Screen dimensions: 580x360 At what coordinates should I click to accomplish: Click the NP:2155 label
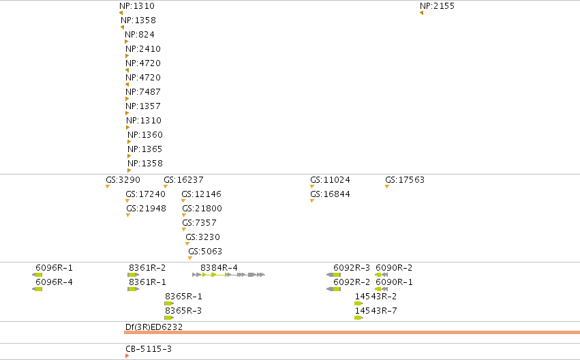437,6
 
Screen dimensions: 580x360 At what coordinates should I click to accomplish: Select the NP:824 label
140,35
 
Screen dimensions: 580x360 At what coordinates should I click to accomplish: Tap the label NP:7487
142,92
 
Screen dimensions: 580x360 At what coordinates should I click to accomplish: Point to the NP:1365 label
144,149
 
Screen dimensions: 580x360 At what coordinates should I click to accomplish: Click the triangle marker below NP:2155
421,14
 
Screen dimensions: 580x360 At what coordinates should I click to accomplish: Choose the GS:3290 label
123,180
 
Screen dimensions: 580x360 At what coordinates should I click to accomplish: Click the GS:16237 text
183,180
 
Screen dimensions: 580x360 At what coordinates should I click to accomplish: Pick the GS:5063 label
205,252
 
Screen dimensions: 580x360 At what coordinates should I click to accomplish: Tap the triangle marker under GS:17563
387,186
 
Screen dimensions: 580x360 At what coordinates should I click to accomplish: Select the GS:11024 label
330,180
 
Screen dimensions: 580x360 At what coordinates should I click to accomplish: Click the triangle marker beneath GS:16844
312,201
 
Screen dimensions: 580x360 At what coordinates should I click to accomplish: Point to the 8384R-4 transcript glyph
228,275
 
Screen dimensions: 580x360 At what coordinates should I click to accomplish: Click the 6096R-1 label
54,268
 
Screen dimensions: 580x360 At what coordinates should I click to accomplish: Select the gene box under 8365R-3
169,318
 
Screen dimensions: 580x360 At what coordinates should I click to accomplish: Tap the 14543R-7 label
376,311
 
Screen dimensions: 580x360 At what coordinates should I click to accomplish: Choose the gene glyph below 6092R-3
334,275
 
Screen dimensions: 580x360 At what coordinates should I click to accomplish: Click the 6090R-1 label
394,282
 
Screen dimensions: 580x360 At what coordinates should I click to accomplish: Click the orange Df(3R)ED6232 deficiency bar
352,332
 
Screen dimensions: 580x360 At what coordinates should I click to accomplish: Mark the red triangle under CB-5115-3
127,356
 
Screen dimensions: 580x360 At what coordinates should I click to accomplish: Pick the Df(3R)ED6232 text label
154,327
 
